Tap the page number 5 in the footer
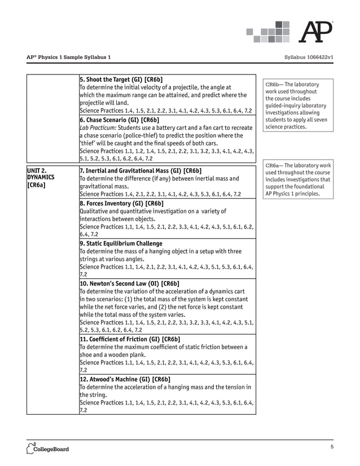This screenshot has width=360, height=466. point(332,447)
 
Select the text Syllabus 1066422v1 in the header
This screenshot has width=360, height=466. point(310,58)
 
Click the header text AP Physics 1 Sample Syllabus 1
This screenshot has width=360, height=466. point(68,58)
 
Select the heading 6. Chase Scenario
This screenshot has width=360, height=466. point(119,120)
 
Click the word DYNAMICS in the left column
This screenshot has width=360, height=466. point(41,177)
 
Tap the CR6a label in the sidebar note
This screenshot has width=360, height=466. point(274,165)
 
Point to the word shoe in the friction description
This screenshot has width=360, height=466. point(86,355)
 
